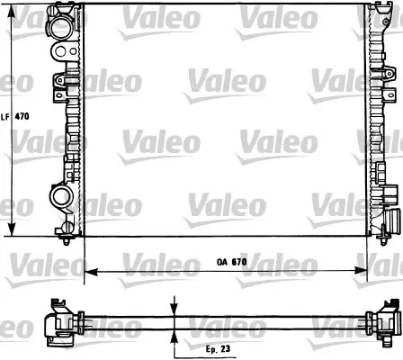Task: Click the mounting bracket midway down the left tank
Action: point(63,86)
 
